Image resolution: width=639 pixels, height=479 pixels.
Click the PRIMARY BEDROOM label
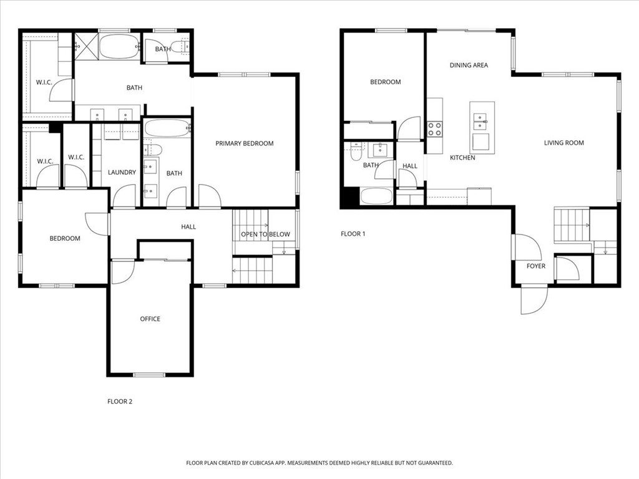pyautogui.click(x=244, y=143)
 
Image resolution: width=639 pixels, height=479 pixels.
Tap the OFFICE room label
pyautogui.click(x=150, y=319)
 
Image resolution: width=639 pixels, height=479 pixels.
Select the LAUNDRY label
pyautogui.click(x=122, y=172)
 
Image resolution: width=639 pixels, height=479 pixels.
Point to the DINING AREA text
pyautogui.click(x=469, y=65)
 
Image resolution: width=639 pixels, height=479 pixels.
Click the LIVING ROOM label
pyautogui.click(x=564, y=143)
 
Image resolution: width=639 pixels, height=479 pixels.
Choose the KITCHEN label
pyautogui.click(x=462, y=158)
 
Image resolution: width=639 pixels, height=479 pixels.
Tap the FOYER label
pyautogui.click(x=536, y=266)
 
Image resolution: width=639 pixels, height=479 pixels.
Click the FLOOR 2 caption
pyautogui.click(x=120, y=402)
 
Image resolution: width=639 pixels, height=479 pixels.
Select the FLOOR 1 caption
pyautogui.click(x=353, y=234)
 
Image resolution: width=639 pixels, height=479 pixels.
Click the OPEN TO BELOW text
pyautogui.click(x=265, y=235)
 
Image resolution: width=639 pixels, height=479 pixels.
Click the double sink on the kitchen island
pyautogui.click(x=480, y=122)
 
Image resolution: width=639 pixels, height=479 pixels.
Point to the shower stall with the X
pyautogui.click(x=86, y=46)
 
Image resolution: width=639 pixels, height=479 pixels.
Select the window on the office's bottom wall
pyautogui.click(x=150, y=375)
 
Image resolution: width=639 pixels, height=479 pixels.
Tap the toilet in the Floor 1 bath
pyautogui.click(x=356, y=152)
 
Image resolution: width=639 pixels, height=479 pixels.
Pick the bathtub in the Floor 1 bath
pyautogui.click(x=377, y=196)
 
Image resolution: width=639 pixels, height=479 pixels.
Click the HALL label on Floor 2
pyautogui.click(x=188, y=227)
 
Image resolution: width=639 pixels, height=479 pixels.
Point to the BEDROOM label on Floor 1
pyautogui.click(x=386, y=82)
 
